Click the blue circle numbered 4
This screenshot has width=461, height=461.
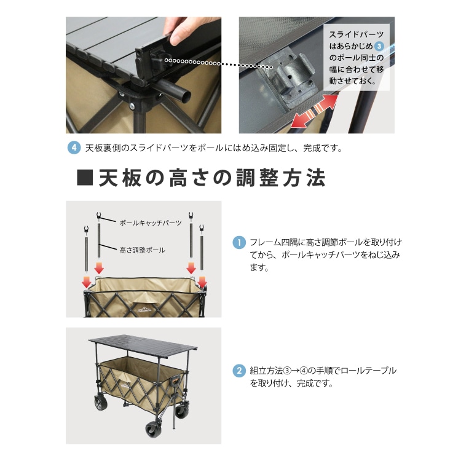coord(74,148)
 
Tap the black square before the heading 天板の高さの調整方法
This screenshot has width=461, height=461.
coord(85,177)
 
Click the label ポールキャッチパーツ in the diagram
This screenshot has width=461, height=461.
coord(151,223)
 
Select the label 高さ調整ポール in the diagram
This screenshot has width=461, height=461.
coord(143,250)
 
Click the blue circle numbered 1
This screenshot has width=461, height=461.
coord(239,243)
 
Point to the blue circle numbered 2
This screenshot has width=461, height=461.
coord(239,371)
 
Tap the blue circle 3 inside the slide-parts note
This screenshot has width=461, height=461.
coord(379,46)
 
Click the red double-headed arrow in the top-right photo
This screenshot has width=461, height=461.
coord(314,111)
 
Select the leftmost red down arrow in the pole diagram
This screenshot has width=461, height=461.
coord(86,282)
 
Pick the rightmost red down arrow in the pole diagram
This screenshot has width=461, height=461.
coord(202,282)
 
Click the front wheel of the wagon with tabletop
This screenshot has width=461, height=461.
coord(153,429)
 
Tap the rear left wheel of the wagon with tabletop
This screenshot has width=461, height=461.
coord(101,403)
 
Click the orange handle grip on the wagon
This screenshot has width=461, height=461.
coord(175,381)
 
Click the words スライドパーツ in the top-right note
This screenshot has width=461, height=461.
coord(357,34)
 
